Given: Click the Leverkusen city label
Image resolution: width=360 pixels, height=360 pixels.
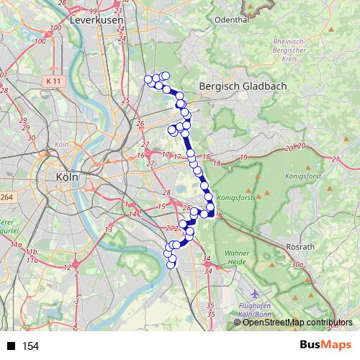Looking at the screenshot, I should click(98, 22).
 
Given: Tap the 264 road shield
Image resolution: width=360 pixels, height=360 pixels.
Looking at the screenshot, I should click(6, 197).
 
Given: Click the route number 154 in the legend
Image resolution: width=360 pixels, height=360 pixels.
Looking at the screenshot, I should click(30, 346).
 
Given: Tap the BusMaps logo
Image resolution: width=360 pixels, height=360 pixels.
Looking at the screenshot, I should click(326, 346).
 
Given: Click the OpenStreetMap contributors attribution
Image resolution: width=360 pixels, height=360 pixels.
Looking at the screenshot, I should click(297, 323).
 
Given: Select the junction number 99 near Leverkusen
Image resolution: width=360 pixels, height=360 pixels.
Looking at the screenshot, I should click(93, 12).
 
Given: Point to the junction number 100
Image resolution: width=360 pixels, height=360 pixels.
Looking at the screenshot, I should click(40, 42).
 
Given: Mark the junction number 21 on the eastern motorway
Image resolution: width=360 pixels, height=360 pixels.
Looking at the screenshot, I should click(335, 159).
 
